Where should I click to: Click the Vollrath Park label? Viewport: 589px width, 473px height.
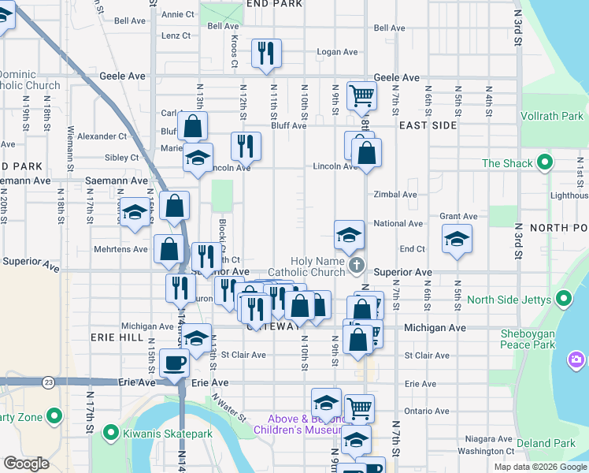[x=552, y=116]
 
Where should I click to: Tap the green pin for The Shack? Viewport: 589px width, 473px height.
[x=544, y=164]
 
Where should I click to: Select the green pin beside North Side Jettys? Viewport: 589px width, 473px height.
[x=564, y=300]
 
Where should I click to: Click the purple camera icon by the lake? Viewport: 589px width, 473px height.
[x=577, y=360]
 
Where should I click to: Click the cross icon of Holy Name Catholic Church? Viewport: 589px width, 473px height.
[x=357, y=265]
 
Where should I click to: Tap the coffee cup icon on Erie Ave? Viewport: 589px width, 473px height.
[x=173, y=363]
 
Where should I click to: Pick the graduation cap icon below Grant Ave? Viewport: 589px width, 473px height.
[x=457, y=239]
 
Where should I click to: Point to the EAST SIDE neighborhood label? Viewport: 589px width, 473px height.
[x=428, y=125]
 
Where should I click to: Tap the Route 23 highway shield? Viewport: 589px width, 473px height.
[x=49, y=382]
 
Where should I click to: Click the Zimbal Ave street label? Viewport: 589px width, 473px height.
[x=395, y=195]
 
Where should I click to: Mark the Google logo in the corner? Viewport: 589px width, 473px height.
[x=26, y=464]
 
